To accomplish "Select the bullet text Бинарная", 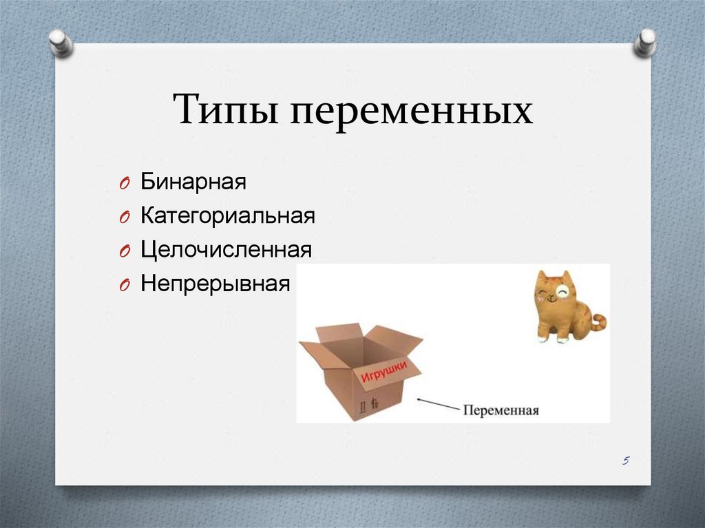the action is point(193,182).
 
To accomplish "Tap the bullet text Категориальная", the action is point(228,215).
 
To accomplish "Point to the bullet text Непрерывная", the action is point(215,284).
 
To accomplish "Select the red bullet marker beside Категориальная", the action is point(125,218).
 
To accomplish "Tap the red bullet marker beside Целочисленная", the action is point(125,251).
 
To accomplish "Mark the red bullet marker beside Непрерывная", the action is point(125,285).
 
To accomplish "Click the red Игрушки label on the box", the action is point(384,371).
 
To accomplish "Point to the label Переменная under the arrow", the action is point(501,410).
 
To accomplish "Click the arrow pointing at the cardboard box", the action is point(439,404).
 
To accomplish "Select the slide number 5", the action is point(625,460).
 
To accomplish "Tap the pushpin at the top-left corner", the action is point(61,43).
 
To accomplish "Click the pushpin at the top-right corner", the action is point(644,43).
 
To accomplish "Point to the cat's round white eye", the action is point(562,292).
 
